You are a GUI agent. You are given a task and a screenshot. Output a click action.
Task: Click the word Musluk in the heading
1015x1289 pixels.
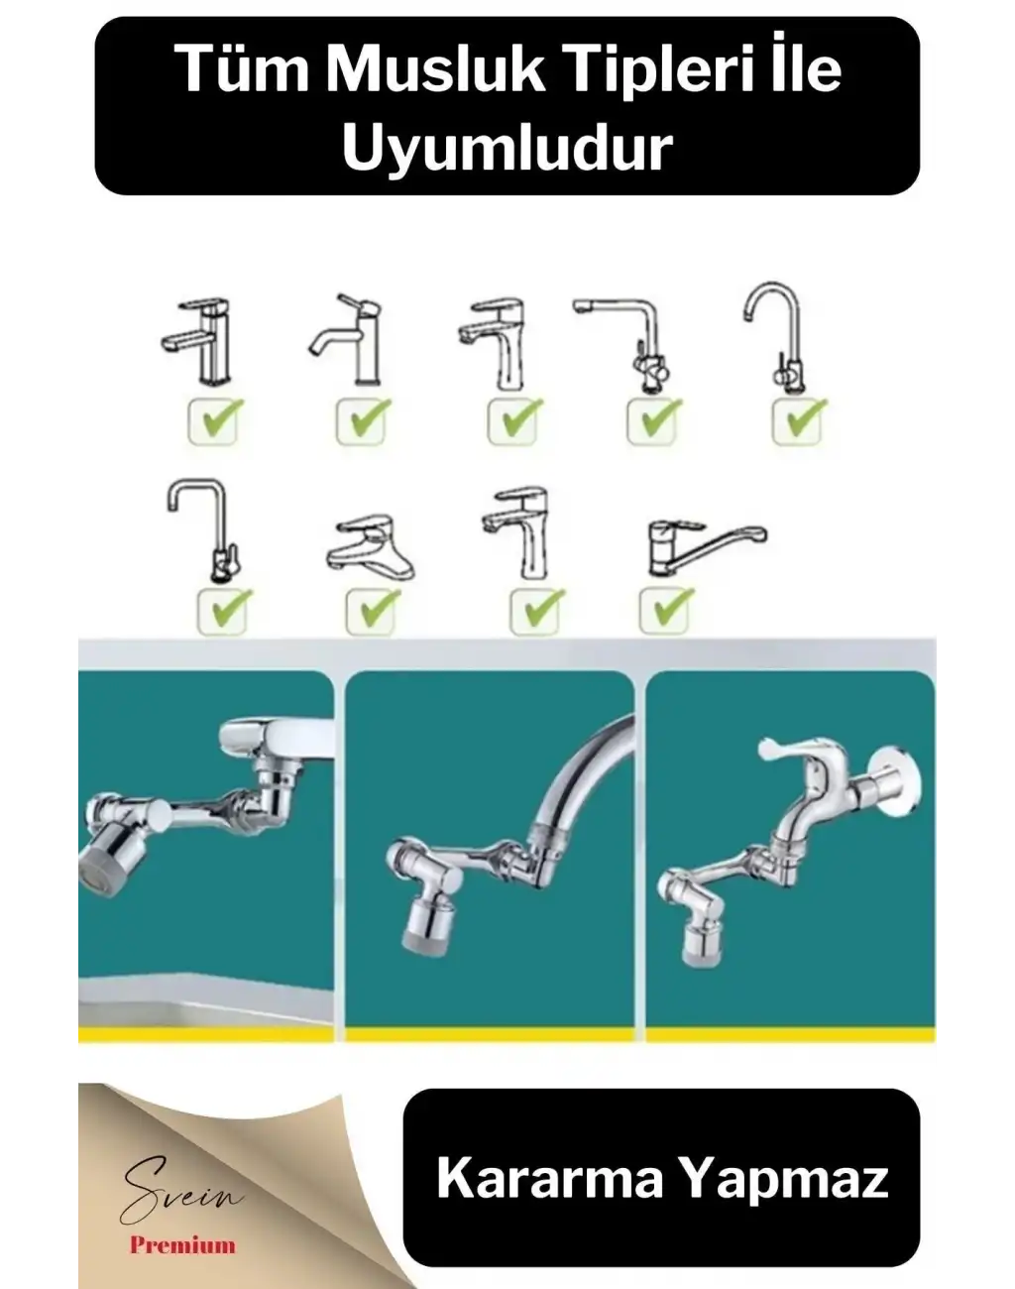(x=435, y=70)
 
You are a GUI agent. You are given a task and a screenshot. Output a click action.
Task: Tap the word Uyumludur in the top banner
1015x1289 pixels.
(x=507, y=148)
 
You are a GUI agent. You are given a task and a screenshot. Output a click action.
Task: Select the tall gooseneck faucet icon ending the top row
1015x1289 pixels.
(x=775, y=337)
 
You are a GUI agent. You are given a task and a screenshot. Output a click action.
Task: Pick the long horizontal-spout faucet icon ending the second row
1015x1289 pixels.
(x=707, y=548)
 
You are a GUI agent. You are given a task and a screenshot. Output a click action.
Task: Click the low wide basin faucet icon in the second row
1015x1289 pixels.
(x=370, y=541)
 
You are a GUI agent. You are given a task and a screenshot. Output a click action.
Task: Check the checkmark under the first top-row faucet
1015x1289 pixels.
(x=213, y=421)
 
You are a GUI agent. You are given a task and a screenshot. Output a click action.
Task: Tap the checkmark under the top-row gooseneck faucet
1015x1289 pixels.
(x=798, y=421)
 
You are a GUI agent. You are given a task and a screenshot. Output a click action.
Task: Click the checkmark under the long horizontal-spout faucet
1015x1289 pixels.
(x=666, y=611)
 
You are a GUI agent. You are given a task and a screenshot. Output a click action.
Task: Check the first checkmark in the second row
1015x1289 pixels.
(x=223, y=611)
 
